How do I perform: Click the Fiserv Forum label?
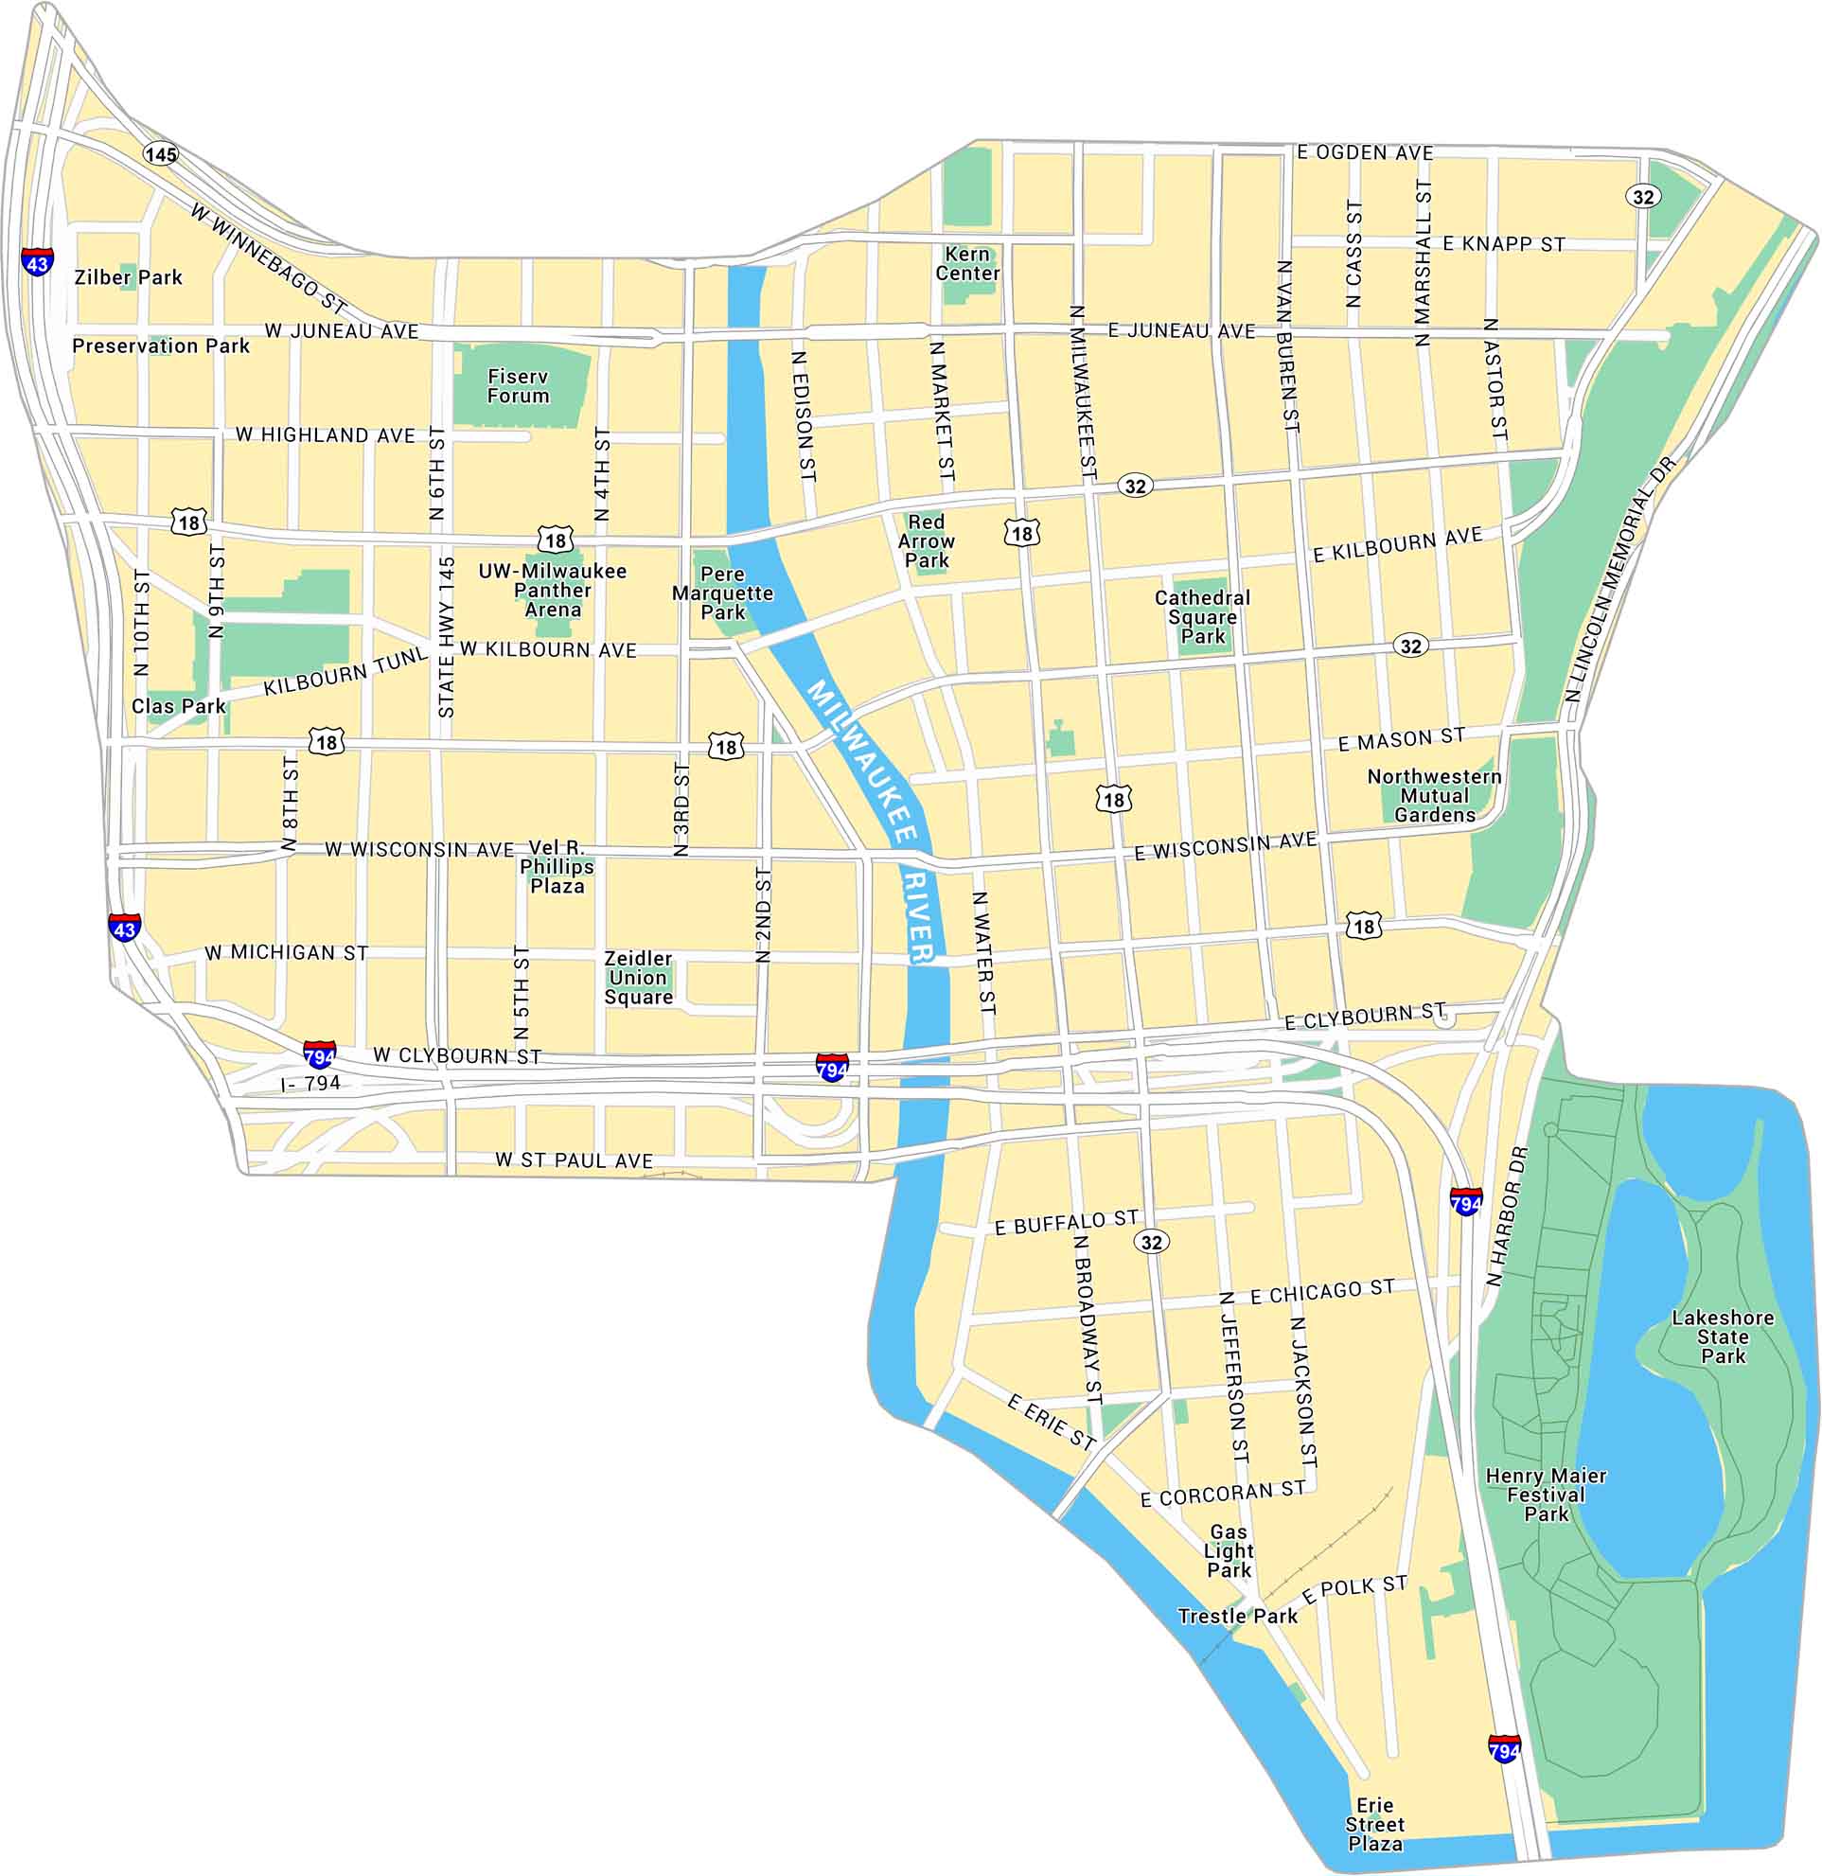point(518,386)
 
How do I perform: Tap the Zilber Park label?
point(128,277)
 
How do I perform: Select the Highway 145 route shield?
point(161,154)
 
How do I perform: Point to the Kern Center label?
point(967,263)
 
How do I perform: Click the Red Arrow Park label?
point(926,540)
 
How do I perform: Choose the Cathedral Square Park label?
point(1202,616)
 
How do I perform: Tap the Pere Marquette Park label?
point(722,593)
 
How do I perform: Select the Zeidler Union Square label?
point(638,977)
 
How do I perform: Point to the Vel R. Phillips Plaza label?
point(557,866)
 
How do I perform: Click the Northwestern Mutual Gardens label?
point(1434,795)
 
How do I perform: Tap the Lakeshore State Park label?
point(1723,1336)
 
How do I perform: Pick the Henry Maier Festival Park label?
point(1546,1495)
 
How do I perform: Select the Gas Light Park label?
point(1229,1550)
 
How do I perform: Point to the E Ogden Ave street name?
point(1365,152)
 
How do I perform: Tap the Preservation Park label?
point(161,345)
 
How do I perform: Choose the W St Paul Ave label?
point(575,1160)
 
